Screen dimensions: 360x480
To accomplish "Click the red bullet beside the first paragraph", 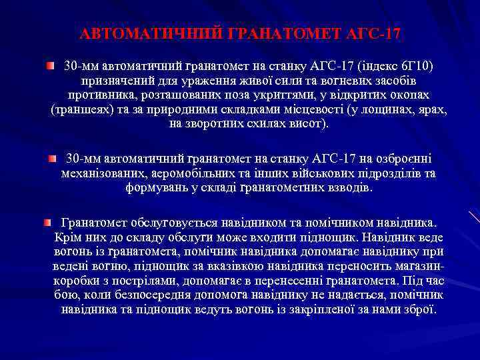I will [51, 67].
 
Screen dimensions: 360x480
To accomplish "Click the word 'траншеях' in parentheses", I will [79, 110].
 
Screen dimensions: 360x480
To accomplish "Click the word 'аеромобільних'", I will [195, 174].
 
